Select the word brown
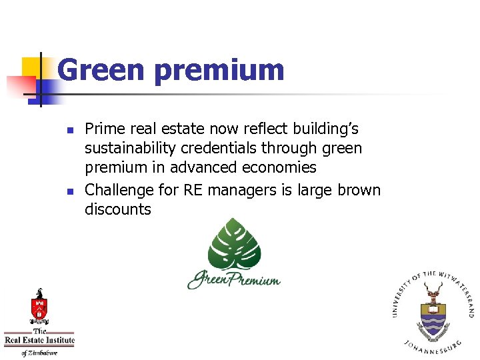[359, 190]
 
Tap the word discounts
[118, 209]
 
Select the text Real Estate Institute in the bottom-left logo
[39, 341]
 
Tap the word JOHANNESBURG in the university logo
[433, 347]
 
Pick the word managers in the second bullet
[241, 190]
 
